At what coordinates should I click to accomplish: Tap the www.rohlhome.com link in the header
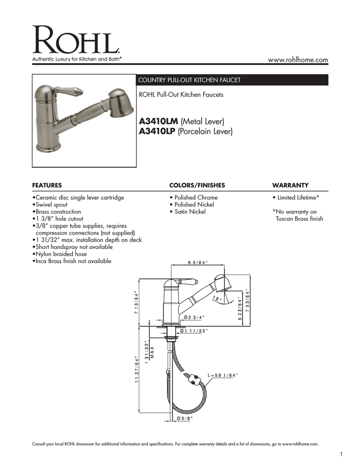tap(298, 60)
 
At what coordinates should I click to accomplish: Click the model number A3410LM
tap(158, 121)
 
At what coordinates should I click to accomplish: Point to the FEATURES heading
tap(46, 185)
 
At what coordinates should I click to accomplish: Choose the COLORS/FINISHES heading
tap(197, 185)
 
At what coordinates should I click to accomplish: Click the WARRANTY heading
tap(290, 185)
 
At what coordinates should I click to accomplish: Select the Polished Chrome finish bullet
tap(193, 198)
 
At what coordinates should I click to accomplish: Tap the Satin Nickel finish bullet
tap(187, 212)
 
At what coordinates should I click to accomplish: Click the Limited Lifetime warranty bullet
tap(295, 198)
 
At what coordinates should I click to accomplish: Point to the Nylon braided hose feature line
tap(60, 254)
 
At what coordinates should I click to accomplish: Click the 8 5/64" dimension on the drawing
tap(198, 262)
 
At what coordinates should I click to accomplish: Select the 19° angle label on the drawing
tap(217, 299)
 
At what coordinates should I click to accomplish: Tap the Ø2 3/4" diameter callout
tap(194, 317)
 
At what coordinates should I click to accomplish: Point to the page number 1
tap(341, 454)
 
